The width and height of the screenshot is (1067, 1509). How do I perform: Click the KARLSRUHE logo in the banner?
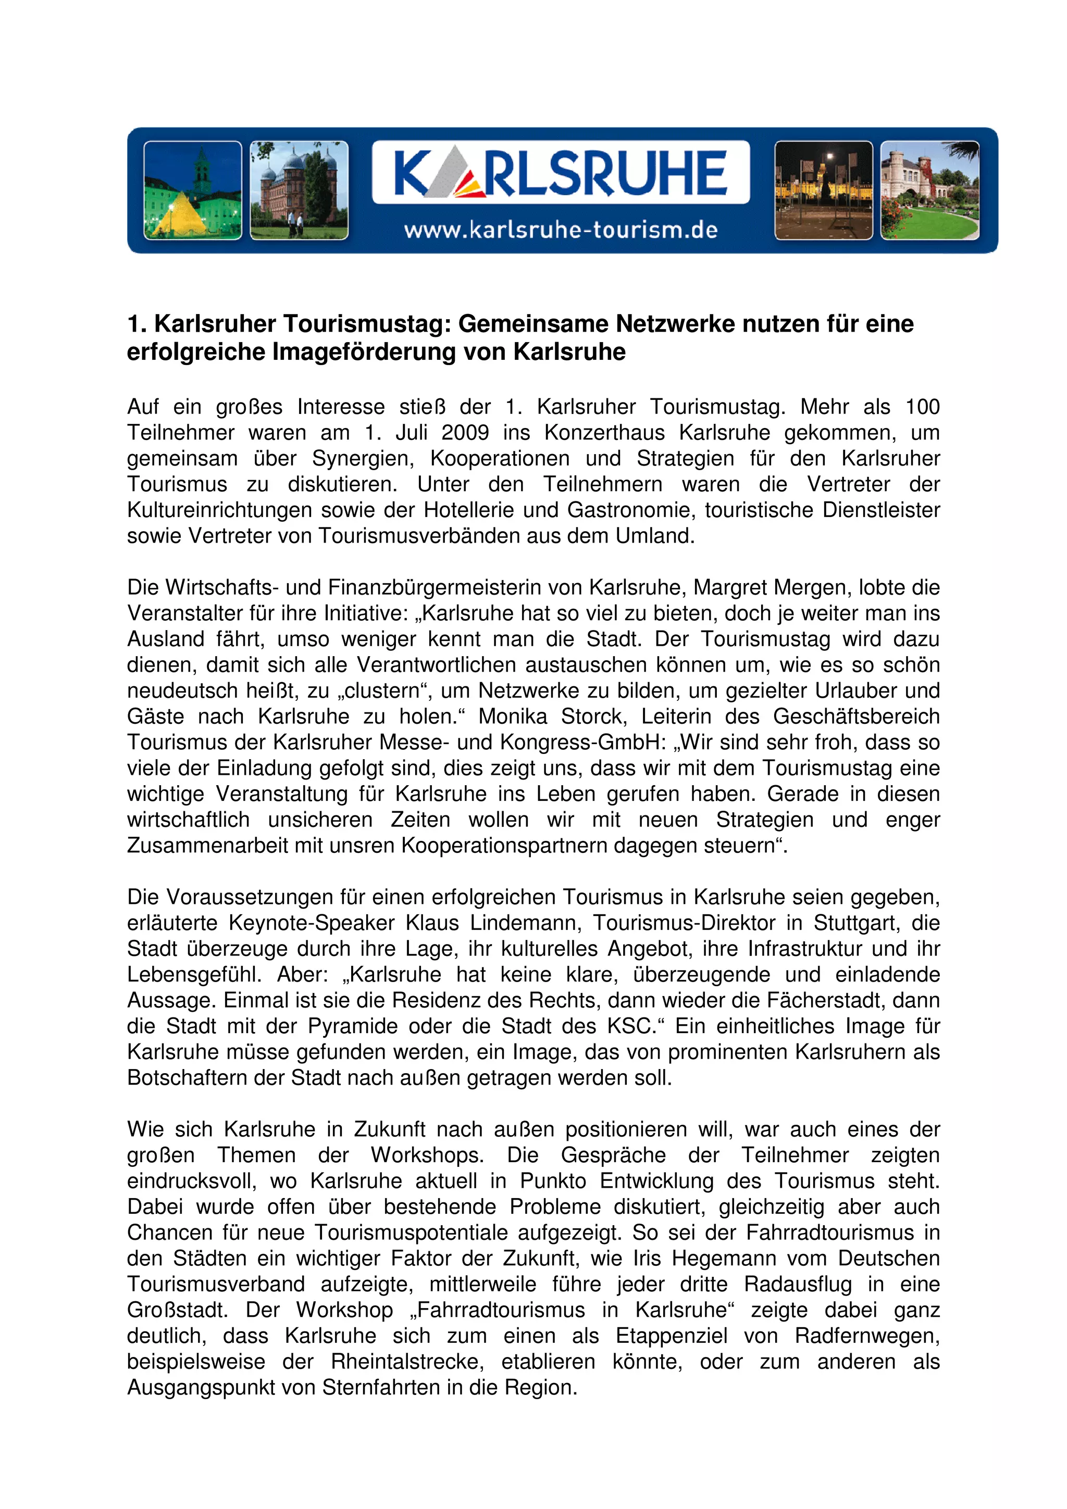pyautogui.click(x=560, y=172)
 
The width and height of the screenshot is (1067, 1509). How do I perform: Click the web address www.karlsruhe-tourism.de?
pyautogui.click(x=560, y=230)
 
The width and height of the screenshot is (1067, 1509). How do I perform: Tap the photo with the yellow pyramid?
pyautogui.click(x=193, y=190)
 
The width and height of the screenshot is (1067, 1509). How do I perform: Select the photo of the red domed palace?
pyautogui.click(x=299, y=190)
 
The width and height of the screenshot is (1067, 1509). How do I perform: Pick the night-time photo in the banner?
pyautogui.click(x=823, y=190)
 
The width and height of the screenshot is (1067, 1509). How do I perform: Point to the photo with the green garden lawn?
pyautogui.click(x=929, y=190)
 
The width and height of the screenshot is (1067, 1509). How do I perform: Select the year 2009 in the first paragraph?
pyautogui.click(x=465, y=433)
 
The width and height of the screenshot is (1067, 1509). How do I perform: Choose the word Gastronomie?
pyautogui.click(x=630, y=510)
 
